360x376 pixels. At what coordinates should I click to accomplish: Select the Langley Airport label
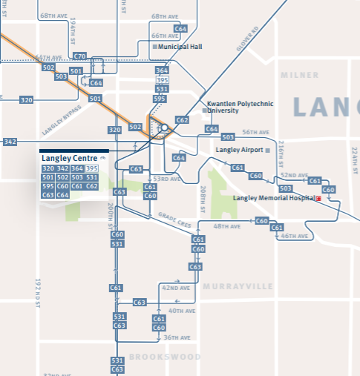point(238,150)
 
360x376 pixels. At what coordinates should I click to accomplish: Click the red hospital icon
point(318,199)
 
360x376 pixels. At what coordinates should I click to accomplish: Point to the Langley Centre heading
point(71,158)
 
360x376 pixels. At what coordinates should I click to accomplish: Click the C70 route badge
point(80,56)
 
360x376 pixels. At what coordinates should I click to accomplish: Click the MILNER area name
point(299,75)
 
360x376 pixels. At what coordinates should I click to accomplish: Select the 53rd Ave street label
point(168,179)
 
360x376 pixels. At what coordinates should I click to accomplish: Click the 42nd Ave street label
point(176,288)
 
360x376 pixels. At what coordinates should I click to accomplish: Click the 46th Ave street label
point(294,236)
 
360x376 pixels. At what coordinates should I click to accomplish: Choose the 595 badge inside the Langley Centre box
point(48,186)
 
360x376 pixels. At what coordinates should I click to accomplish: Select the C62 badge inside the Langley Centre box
point(91,186)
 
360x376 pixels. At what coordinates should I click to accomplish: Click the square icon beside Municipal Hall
point(154,47)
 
